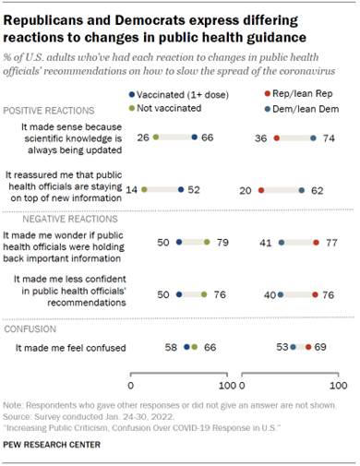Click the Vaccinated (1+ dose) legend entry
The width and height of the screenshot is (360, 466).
(x=165, y=94)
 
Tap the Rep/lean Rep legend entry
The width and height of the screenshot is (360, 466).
(x=305, y=94)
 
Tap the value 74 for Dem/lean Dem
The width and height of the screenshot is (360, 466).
(x=329, y=137)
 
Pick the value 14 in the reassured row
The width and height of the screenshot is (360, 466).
(x=131, y=188)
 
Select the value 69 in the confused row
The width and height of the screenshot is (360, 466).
(x=323, y=348)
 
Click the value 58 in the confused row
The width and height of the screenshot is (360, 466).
(x=173, y=348)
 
